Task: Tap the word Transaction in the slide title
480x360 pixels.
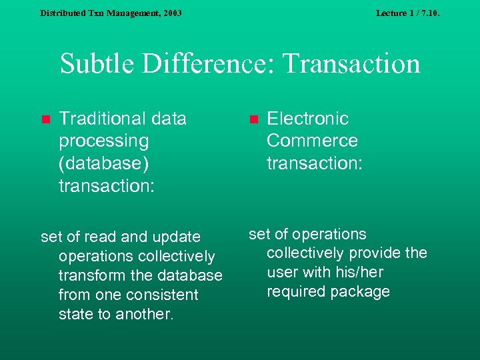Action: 352,65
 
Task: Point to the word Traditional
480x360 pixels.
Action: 103,119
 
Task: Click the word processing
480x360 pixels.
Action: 103,141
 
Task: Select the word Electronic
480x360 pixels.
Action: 307,119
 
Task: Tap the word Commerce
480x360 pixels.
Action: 312,141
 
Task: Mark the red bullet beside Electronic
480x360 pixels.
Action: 253,120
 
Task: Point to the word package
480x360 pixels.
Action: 361,291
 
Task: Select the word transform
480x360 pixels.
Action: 87,275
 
